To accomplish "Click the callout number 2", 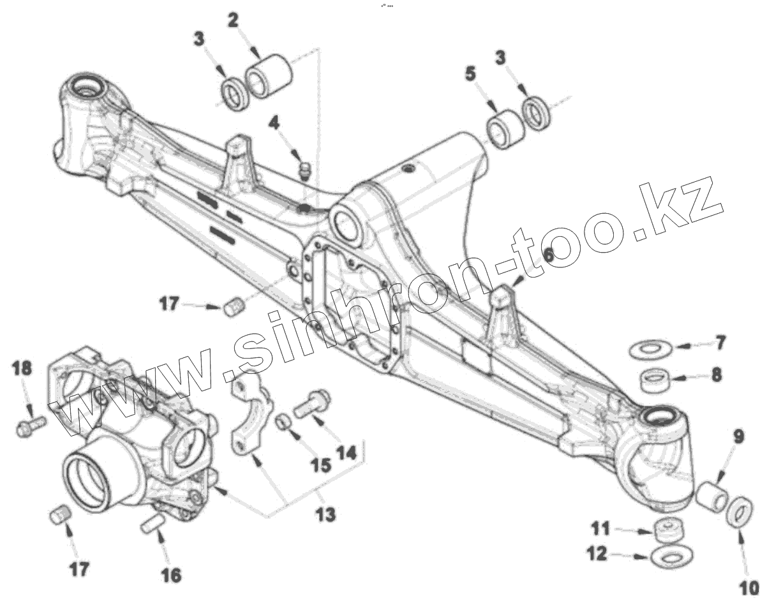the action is point(233,20).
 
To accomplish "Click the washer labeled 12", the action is point(668,556).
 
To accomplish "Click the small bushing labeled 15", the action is point(283,422).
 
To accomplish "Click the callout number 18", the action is point(22,368).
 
